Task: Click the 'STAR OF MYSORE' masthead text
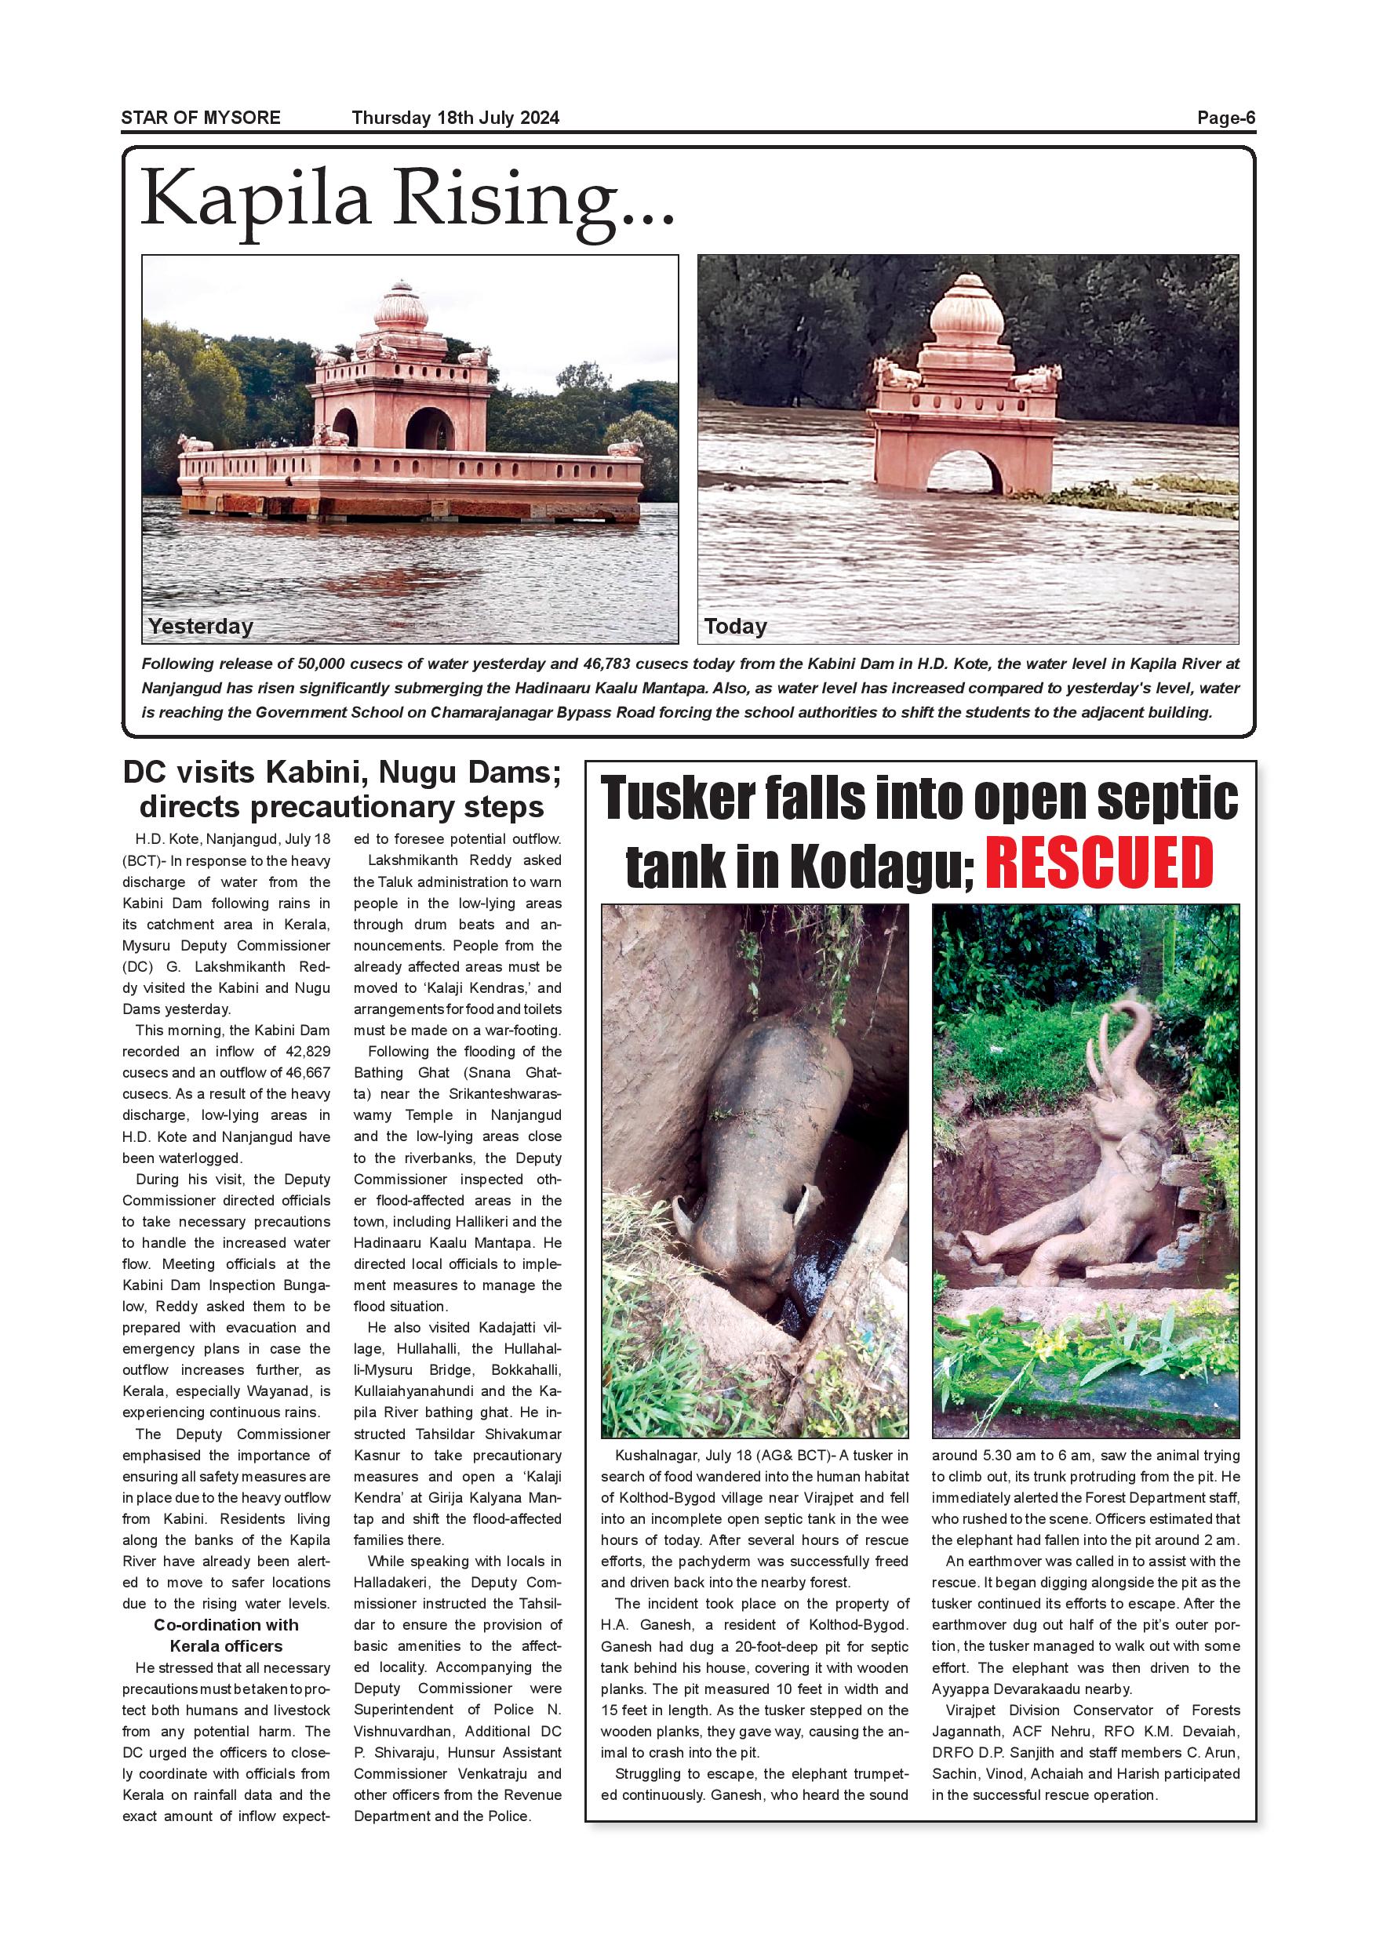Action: tap(201, 118)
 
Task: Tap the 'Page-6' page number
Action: tap(1225, 118)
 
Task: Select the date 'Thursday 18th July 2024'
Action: tap(456, 118)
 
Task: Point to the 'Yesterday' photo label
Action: tap(201, 626)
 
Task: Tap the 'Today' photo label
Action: tap(735, 626)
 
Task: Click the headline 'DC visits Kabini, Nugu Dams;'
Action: tap(341, 773)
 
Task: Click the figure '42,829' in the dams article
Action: tap(297, 1051)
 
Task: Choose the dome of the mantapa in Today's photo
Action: tap(966, 310)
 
